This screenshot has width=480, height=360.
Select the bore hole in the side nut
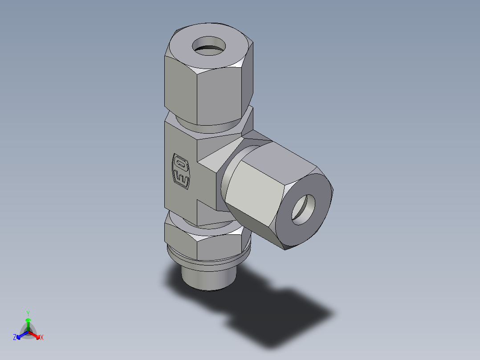(x=303, y=210)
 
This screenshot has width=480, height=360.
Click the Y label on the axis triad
(x=28, y=313)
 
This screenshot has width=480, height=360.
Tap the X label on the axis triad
(x=41, y=337)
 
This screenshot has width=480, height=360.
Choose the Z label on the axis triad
(x=15, y=337)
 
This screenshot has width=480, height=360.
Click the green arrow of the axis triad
(x=28, y=323)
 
